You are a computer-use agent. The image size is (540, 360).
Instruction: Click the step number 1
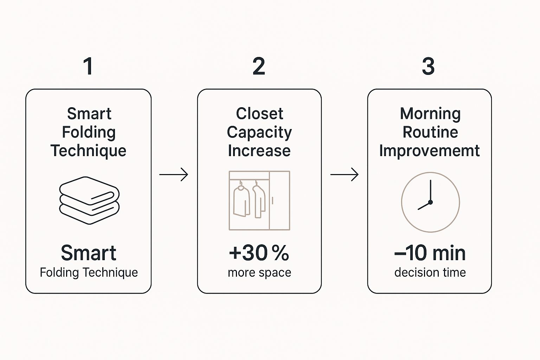88,66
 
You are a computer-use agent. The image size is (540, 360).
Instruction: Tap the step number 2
259,66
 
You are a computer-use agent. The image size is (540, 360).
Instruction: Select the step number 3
428,66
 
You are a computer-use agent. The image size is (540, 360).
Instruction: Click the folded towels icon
89,200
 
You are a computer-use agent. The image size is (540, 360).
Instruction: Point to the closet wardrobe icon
259,201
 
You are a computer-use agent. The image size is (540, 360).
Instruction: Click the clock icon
431,202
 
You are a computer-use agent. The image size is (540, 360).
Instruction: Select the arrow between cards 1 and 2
174,174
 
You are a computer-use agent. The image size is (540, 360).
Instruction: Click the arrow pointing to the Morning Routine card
345,174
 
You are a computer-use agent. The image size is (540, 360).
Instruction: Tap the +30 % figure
259,253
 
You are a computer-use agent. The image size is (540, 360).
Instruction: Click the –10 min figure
430,253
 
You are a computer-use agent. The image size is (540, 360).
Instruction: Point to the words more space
259,273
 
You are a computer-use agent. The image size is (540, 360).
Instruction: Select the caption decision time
430,272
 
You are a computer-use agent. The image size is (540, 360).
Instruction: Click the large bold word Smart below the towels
89,253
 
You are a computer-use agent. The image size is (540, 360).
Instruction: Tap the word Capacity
259,133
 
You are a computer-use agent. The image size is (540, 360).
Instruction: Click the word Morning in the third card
430,114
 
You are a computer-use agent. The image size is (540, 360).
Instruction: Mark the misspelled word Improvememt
429,151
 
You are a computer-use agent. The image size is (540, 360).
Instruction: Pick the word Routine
430,132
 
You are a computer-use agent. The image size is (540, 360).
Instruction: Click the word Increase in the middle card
259,151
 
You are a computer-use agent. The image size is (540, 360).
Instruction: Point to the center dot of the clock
430,202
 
